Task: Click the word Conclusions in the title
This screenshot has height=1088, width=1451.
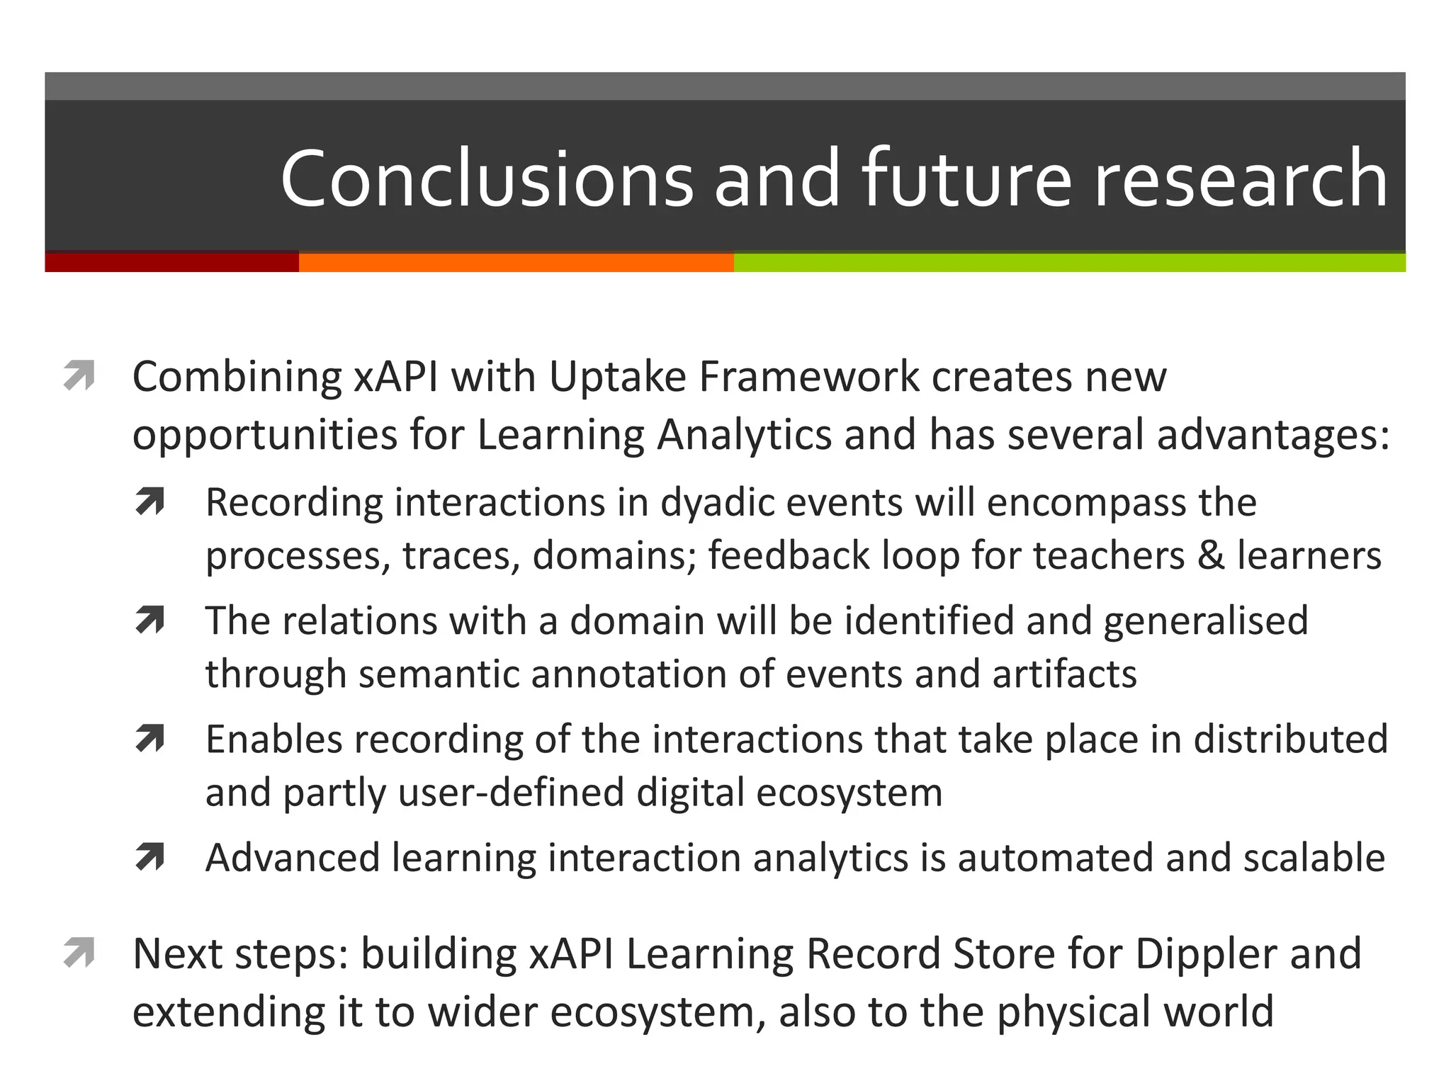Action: coord(487,178)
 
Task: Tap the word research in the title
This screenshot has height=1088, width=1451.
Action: coord(1240,178)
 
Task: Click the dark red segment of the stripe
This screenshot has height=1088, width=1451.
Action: coord(171,262)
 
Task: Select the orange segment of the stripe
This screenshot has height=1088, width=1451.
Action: coord(516,262)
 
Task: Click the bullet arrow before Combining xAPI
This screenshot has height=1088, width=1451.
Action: coord(79,375)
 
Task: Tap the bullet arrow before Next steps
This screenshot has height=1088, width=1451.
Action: coord(79,953)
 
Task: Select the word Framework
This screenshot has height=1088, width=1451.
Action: coord(808,377)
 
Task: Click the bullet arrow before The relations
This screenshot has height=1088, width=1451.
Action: coord(149,620)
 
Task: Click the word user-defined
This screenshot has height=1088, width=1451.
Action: coord(511,793)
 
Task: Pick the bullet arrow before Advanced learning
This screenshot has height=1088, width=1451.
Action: coord(149,858)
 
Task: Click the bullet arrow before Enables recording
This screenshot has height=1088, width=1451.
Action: coord(149,739)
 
